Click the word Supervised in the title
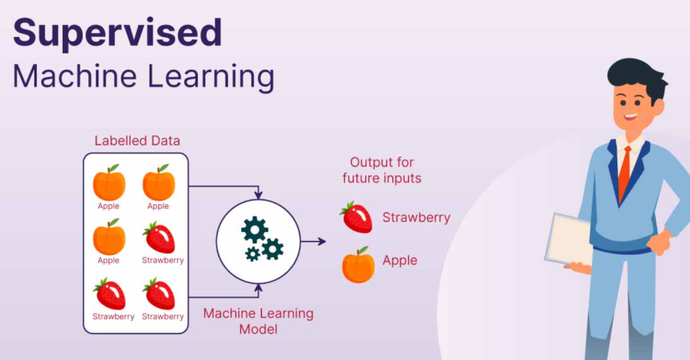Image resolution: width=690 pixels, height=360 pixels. tap(117, 34)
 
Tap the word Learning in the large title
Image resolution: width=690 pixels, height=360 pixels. tap(211, 78)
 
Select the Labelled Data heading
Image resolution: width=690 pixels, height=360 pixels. tap(137, 141)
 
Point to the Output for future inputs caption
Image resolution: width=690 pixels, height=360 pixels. tap(382, 171)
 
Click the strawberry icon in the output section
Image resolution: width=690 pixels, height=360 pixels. tap(356, 217)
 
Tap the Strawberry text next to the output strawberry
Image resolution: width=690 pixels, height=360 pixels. tap(416, 217)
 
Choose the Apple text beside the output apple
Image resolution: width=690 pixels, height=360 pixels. tap(400, 260)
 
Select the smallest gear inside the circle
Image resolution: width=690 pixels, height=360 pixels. tap(253, 254)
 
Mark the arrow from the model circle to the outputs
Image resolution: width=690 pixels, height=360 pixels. tap(313, 241)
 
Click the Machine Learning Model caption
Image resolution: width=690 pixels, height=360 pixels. tap(258, 322)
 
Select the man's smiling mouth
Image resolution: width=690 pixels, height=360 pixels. tap(631, 117)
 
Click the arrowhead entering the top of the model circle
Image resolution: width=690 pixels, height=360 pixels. tap(258, 195)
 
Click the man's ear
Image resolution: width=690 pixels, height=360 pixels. tap(657, 107)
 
